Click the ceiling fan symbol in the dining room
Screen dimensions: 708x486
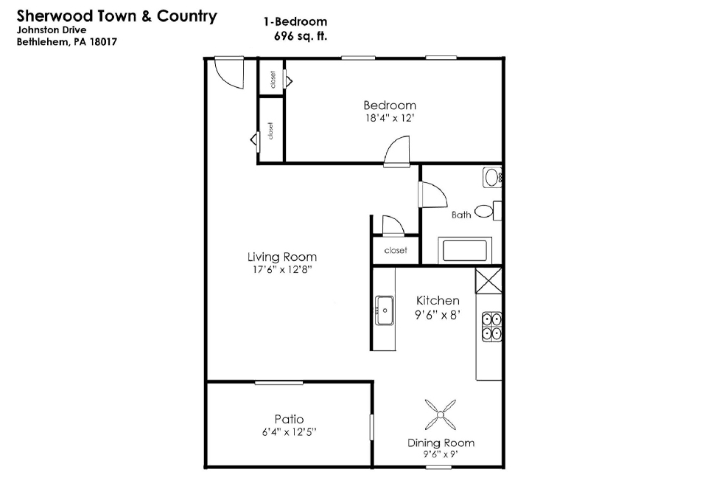(x=441, y=414)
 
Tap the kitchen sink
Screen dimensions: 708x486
(x=385, y=310)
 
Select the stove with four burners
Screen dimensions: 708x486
(x=491, y=327)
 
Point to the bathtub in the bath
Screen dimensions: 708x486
(x=465, y=250)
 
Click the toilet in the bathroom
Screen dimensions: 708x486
(x=488, y=211)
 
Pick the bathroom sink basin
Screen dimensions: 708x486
(x=492, y=178)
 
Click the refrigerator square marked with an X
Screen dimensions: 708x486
(x=488, y=280)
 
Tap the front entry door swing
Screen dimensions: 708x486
(x=229, y=73)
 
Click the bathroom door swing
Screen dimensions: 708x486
(x=432, y=195)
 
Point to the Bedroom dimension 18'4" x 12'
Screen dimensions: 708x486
(x=390, y=119)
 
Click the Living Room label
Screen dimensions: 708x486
(x=281, y=257)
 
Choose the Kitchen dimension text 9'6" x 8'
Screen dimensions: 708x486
(x=437, y=315)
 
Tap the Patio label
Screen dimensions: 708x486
(x=289, y=419)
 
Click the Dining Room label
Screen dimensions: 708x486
(x=441, y=442)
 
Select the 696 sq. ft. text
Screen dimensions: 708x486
(x=301, y=35)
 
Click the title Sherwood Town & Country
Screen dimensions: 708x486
(x=117, y=16)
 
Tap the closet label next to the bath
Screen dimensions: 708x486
(x=396, y=250)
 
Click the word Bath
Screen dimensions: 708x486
(x=461, y=215)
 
